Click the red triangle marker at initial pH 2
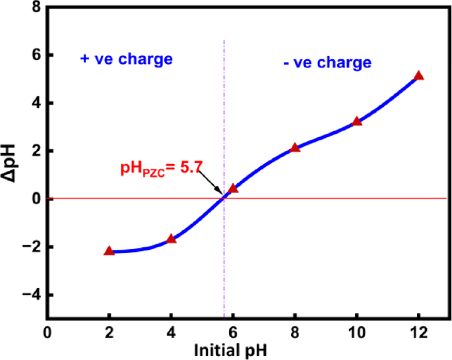(109, 251)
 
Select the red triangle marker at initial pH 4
(171, 239)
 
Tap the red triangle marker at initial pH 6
(233, 189)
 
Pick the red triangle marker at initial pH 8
(295, 148)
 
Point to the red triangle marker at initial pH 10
(357, 121)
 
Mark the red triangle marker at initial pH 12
(418, 76)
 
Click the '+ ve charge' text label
(126, 59)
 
